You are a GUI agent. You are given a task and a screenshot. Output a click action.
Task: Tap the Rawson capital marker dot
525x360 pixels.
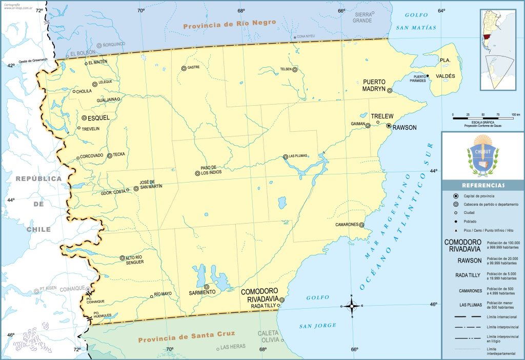pyautogui.click(x=389, y=126)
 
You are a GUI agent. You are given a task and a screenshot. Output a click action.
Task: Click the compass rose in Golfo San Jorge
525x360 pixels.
pyautogui.click(x=352, y=306)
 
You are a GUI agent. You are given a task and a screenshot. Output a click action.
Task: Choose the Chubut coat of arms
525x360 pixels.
pyautogui.click(x=482, y=155)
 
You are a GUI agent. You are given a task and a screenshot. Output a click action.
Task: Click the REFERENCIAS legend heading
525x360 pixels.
pyautogui.click(x=483, y=185)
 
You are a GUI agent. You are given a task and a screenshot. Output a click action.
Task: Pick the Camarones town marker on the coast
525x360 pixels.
pyautogui.click(x=361, y=225)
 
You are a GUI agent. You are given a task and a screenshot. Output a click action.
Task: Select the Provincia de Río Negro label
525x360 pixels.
pyautogui.click(x=230, y=23)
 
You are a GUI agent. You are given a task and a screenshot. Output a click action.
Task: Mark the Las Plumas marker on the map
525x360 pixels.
pyautogui.click(x=286, y=157)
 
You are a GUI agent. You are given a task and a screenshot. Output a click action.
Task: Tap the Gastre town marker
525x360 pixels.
pyautogui.click(x=184, y=68)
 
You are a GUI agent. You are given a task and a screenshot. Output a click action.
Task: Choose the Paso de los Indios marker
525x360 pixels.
pyautogui.click(x=197, y=173)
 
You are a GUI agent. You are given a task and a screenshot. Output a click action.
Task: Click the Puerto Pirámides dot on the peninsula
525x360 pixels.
pyautogui.click(x=428, y=76)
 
